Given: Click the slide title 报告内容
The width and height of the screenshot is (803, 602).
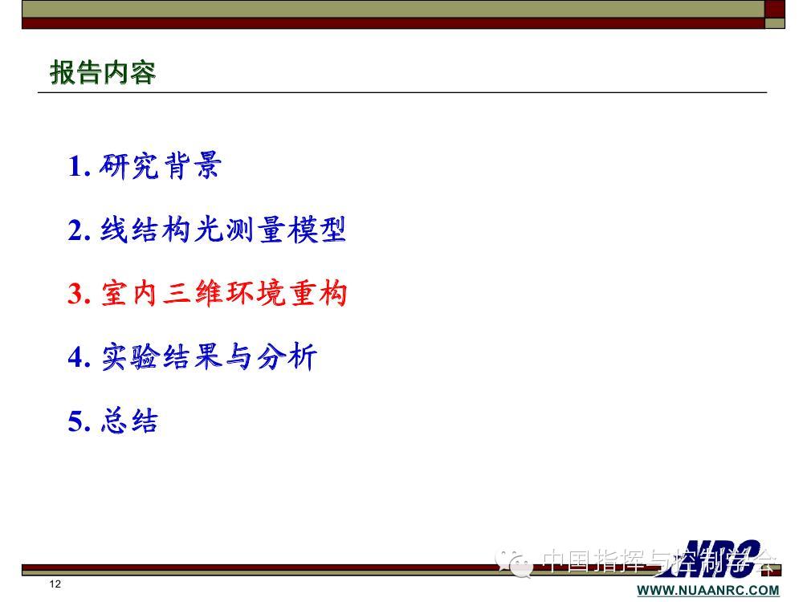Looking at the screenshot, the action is coord(103,71).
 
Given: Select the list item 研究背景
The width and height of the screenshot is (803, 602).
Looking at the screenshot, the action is coord(161,165).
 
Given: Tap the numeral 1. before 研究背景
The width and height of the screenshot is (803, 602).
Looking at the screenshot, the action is coord(79,166).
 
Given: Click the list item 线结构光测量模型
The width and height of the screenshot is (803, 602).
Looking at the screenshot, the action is coord(223,230).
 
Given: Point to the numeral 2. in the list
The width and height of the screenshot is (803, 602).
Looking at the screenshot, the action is coord(79,230).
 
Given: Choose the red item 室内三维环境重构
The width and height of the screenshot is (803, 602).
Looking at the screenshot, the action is coord(224,293).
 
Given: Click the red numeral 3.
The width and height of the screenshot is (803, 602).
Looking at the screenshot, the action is coord(79,294).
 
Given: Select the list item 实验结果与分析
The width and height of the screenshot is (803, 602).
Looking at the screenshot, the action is coord(209,357).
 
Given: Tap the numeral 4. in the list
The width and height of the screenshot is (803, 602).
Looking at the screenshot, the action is coord(79,357).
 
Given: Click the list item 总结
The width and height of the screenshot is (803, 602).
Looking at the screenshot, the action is coord(129,421).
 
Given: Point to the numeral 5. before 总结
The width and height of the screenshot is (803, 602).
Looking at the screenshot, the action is coord(79,422).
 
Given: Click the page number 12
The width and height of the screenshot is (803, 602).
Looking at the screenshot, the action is coord(55,584).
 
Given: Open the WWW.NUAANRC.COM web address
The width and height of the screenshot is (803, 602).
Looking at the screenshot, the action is coord(708,590).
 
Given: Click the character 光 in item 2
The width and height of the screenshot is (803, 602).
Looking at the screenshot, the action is coord(209,230).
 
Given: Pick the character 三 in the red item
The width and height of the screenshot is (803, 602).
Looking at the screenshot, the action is coord(177,294).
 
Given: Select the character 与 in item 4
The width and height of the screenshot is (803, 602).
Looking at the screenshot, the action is coord(239,357).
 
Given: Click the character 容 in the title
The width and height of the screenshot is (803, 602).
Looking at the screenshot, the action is coord(143,72).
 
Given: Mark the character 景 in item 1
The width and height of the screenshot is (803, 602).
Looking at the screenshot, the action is coord(207,165).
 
